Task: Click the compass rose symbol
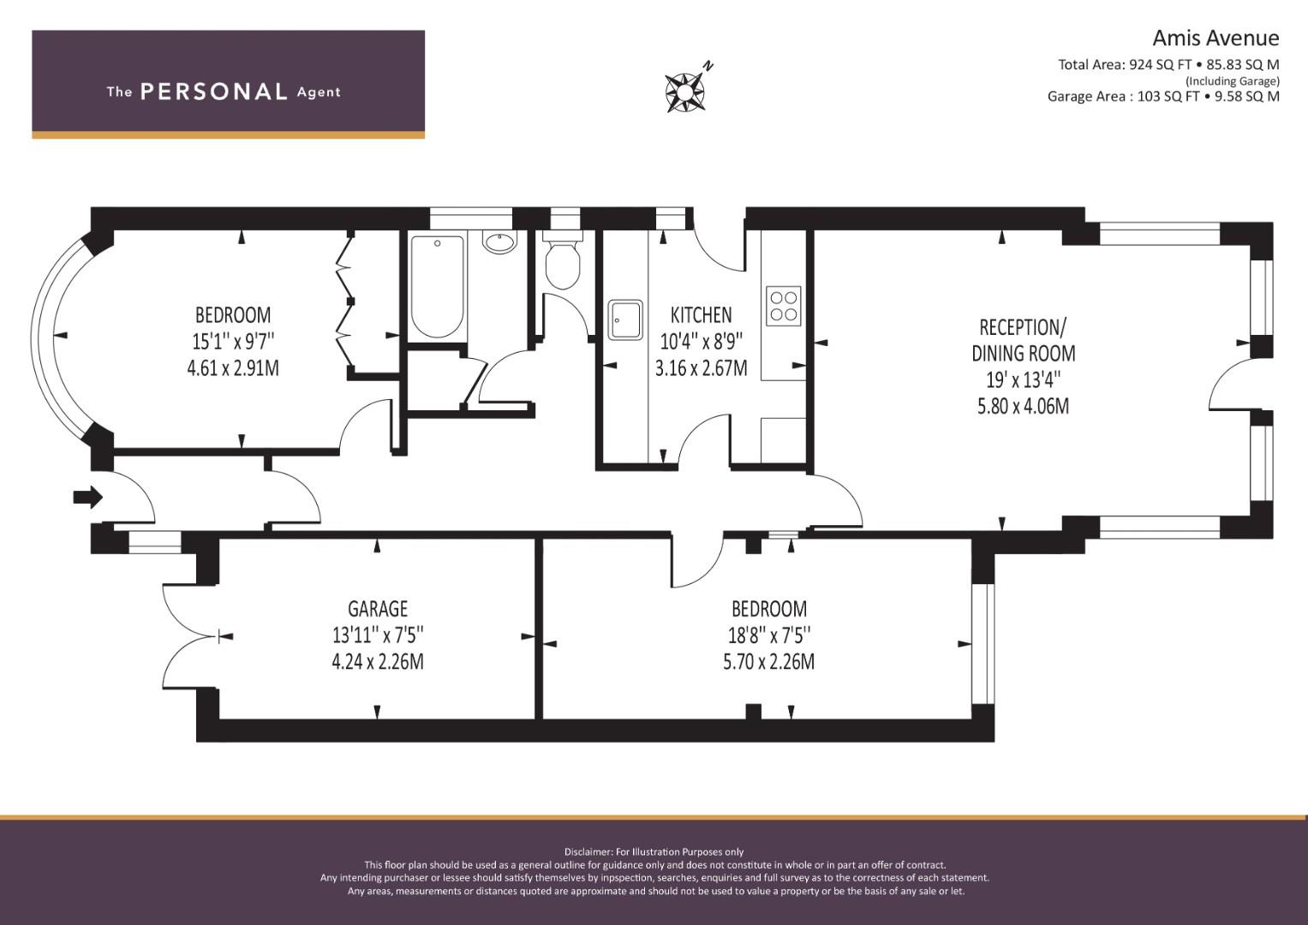click(x=685, y=91)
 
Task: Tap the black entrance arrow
click(x=87, y=498)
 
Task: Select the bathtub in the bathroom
click(x=438, y=286)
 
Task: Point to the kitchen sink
click(x=624, y=319)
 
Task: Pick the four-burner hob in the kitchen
click(x=784, y=306)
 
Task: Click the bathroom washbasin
click(x=500, y=242)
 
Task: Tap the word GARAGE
click(x=378, y=609)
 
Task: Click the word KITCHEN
click(x=701, y=315)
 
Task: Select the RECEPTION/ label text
click(x=1023, y=327)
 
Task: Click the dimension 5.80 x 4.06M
click(x=1023, y=406)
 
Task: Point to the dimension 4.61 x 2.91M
click(x=233, y=368)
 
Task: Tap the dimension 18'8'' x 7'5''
click(x=769, y=635)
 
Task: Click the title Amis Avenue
click(x=1215, y=39)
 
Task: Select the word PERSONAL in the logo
click(x=214, y=92)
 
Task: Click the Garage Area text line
click(x=1163, y=96)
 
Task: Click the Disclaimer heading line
click(x=654, y=852)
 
